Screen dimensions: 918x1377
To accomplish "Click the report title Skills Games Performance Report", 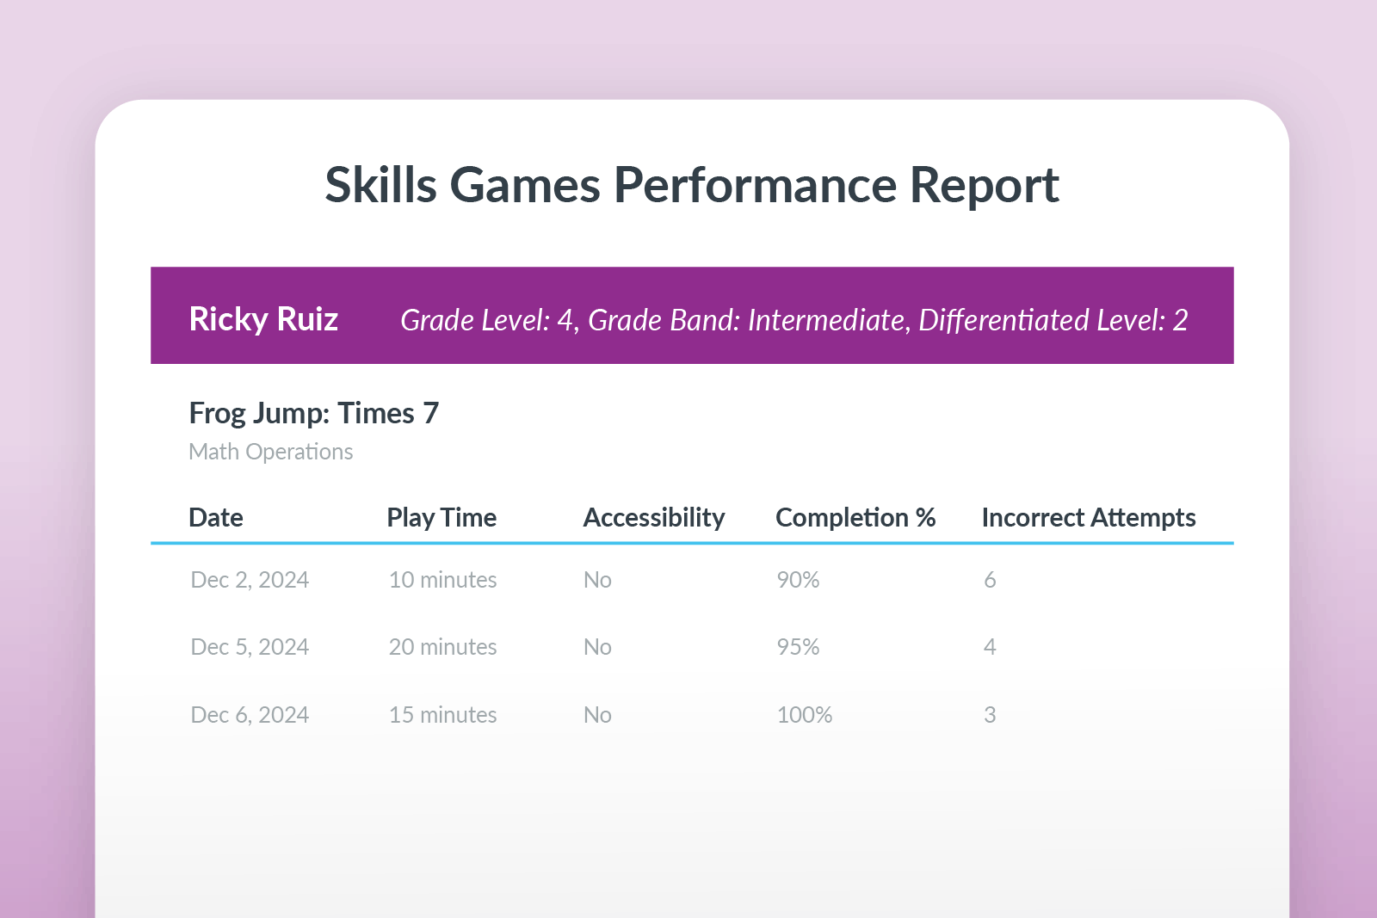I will pyautogui.click(x=691, y=185).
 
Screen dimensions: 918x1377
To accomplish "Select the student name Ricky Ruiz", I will pyautogui.click(x=263, y=319).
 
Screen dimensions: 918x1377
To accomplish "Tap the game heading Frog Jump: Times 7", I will pyautogui.click(x=313, y=414).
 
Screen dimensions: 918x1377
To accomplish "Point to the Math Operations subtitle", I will pyautogui.click(x=270, y=452).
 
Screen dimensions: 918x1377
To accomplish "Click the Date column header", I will pyautogui.click(x=215, y=517).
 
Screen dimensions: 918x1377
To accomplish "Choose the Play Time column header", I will pyautogui.click(x=442, y=517).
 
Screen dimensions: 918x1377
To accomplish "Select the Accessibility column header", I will pyautogui.click(x=654, y=517).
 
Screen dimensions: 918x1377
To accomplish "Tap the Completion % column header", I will pyautogui.click(x=855, y=517).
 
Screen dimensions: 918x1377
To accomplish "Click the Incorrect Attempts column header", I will pyautogui.click(x=1088, y=517).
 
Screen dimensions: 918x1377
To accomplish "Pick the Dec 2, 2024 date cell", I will pyautogui.click(x=250, y=580).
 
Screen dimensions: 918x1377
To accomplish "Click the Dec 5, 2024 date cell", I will pyautogui.click(x=250, y=647).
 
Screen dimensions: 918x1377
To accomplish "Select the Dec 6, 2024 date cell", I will pyautogui.click(x=250, y=715).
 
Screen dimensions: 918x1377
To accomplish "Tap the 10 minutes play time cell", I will pyautogui.click(x=442, y=580).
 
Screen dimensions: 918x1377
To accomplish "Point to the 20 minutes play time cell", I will pyautogui.click(x=442, y=647).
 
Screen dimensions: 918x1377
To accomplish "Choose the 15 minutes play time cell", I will pyautogui.click(x=442, y=715).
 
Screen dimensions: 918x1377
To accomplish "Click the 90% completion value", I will pyautogui.click(x=798, y=580).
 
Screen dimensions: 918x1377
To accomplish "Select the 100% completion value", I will pyautogui.click(x=804, y=715).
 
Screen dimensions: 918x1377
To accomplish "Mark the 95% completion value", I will pyautogui.click(x=798, y=647).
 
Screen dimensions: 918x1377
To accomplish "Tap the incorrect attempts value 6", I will pyautogui.click(x=990, y=580).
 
